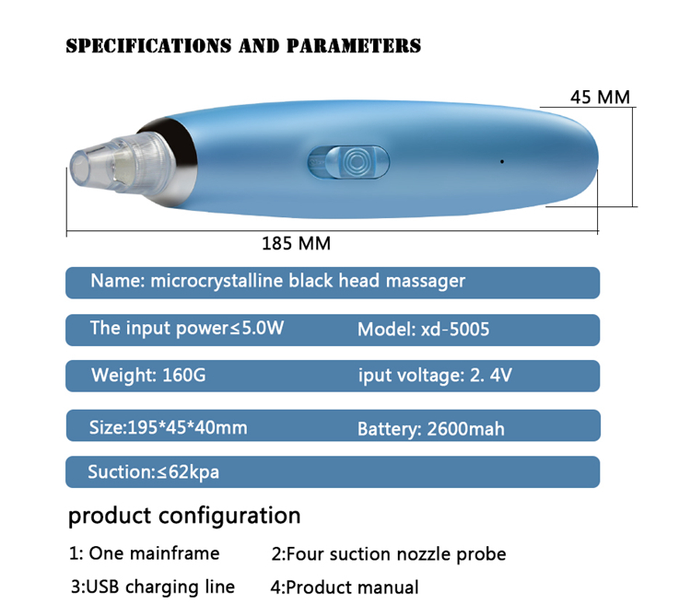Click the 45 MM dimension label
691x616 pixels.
click(x=600, y=98)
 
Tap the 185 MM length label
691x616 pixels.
click(x=296, y=243)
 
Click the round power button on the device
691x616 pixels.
click(x=356, y=162)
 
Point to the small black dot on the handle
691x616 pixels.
click(x=502, y=161)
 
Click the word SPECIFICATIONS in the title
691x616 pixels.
click(x=148, y=46)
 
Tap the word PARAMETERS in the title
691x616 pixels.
click(x=354, y=46)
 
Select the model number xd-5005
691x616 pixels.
click(x=455, y=330)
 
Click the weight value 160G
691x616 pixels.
click(x=184, y=375)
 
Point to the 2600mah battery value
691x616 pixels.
click(x=466, y=429)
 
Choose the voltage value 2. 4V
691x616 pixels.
click(x=491, y=375)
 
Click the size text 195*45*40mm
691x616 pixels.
click(x=187, y=427)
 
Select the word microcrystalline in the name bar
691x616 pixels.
click(x=217, y=281)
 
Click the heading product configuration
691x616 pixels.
click(x=184, y=515)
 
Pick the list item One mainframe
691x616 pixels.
click(x=154, y=553)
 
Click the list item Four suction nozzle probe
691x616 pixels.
click(x=396, y=554)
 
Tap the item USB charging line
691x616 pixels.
click(x=160, y=587)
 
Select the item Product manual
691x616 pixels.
click(x=352, y=587)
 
